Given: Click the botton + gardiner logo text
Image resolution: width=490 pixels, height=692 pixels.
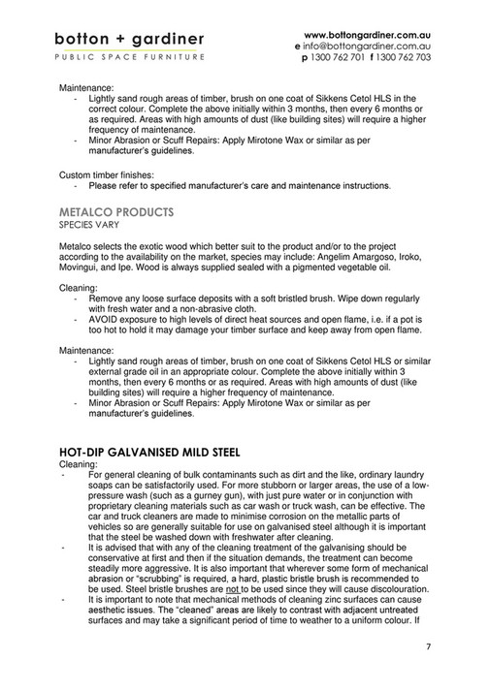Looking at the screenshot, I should pos(129,40).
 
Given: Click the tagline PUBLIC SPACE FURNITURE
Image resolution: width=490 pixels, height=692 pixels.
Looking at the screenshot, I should pos(129,58).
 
